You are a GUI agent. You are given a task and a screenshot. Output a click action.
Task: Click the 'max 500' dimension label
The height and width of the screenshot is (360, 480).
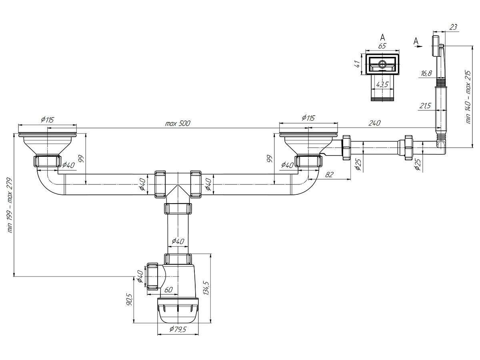178,123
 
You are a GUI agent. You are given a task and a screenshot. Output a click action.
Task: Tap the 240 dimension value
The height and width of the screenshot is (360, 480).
374,123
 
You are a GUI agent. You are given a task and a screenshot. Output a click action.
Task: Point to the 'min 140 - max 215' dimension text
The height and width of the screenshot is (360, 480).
468,97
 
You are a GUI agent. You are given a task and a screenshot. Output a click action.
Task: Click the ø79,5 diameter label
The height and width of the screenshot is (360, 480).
178,335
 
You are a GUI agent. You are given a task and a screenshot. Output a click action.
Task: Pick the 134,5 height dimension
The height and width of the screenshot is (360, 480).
206,288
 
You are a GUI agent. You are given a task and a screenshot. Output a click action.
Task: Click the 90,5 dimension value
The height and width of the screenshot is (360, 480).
129,300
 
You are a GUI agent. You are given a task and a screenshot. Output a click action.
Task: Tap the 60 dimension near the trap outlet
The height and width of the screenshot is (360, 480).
168,290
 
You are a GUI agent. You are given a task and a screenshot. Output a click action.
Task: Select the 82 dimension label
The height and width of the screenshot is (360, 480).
329,174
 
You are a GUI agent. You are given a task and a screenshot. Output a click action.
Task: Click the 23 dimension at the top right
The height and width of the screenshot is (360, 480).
453,27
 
